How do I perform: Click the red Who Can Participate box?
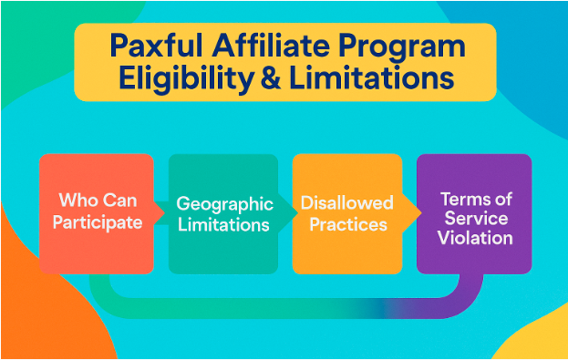click(97, 213)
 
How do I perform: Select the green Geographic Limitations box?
click(222, 213)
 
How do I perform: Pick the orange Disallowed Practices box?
click(346, 213)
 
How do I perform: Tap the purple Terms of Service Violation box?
click(474, 213)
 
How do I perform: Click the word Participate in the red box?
click(97, 223)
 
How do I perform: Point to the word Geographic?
click(223, 203)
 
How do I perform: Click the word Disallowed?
click(347, 202)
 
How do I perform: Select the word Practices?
click(347, 223)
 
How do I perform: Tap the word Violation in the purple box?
click(474, 238)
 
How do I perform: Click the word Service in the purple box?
click(474, 218)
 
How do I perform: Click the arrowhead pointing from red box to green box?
click(160, 213)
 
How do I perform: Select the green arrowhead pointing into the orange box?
click(290, 213)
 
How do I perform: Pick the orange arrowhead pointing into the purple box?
click(415, 213)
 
